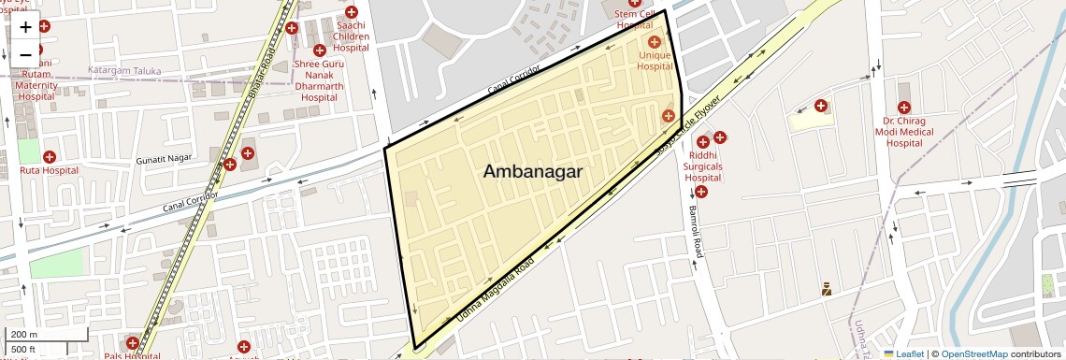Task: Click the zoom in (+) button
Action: [x=25, y=27]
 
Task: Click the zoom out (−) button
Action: [x=25, y=55]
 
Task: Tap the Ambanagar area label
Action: [x=533, y=171]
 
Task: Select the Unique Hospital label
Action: [x=655, y=61]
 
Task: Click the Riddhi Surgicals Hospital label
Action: [x=703, y=166]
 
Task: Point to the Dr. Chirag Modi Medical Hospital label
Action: [x=904, y=132]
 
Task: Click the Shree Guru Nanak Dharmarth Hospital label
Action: [x=319, y=80]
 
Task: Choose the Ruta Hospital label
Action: [x=48, y=171]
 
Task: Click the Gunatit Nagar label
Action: [x=165, y=159]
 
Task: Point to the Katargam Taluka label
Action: [x=124, y=71]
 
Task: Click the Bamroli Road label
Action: [x=695, y=233]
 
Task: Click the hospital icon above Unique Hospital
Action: [x=655, y=42]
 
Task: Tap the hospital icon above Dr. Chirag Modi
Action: [x=904, y=108]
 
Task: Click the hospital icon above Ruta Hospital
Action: [x=48, y=156]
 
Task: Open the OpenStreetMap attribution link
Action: [x=973, y=353]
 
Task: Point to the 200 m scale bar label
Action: [x=24, y=334]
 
